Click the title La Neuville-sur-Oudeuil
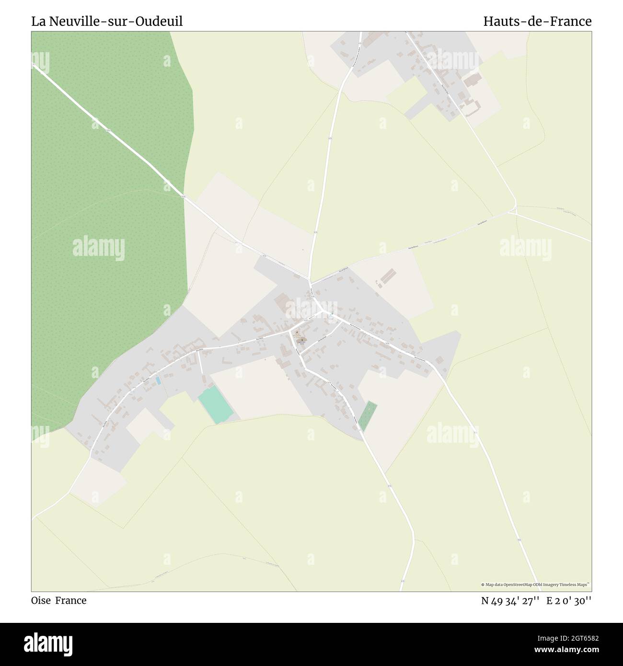point(107,22)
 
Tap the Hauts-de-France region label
point(537,22)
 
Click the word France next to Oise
point(70,600)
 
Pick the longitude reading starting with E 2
point(569,600)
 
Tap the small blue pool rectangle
point(158,380)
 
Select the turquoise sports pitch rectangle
point(215,405)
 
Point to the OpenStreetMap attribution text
point(536,585)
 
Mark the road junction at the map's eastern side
point(515,210)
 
